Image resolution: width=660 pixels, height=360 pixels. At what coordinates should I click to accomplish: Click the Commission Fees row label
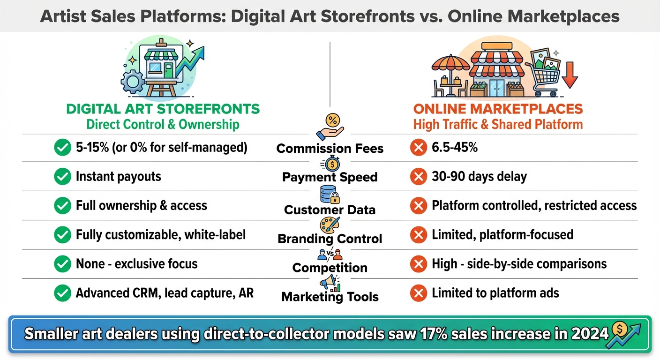[x=330, y=149]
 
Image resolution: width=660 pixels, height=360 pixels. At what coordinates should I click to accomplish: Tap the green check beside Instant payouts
[x=62, y=177]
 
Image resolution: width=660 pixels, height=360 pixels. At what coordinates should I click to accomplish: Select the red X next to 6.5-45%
[x=418, y=148]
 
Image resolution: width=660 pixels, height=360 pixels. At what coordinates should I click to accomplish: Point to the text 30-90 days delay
[x=479, y=177]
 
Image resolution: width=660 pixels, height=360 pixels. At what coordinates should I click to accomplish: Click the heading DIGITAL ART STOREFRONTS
[x=163, y=110]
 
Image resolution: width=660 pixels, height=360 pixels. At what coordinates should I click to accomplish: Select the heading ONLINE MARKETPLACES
[x=498, y=110]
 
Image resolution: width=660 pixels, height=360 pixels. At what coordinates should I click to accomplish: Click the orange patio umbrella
[x=446, y=66]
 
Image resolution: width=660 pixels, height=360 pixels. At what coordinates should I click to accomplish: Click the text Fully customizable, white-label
[x=161, y=234]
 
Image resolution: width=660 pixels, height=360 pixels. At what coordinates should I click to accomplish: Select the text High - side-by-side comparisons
[x=519, y=264]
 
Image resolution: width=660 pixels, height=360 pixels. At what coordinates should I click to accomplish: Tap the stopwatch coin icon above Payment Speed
[x=330, y=164]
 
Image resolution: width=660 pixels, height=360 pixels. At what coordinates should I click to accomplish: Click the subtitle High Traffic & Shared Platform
[x=498, y=125]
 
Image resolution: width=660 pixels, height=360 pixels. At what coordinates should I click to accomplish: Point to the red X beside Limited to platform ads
[x=418, y=293]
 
